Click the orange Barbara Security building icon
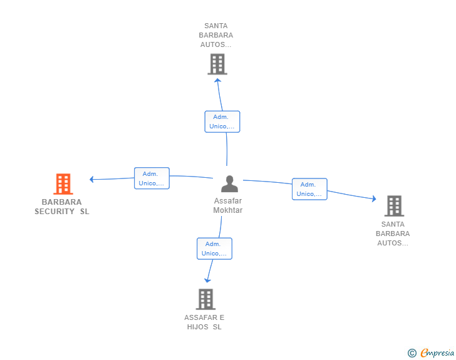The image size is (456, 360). (x=63, y=184)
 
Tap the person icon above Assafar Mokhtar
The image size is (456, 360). (x=229, y=184)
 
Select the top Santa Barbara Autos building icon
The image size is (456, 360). (x=217, y=64)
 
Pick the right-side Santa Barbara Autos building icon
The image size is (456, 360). (x=393, y=205)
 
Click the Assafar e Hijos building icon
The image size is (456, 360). (x=205, y=299)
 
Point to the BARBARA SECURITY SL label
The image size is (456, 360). (x=62, y=207)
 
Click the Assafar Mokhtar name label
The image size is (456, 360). (x=227, y=205)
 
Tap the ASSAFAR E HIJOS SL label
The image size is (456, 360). (x=204, y=322)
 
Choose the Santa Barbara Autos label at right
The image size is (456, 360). (x=393, y=234)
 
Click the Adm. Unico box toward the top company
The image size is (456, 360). (x=222, y=121)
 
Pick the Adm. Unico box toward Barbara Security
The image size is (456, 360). (x=152, y=178)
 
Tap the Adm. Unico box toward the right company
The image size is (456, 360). (x=309, y=189)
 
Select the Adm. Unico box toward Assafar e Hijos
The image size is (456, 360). (x=214, y=249)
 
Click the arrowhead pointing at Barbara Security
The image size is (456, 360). (x=91, y=179)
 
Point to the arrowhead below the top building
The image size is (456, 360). (x=217, y=79)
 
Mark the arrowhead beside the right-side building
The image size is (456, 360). (x=374, y=198)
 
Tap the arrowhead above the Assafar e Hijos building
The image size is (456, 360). (x=208, y=280)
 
